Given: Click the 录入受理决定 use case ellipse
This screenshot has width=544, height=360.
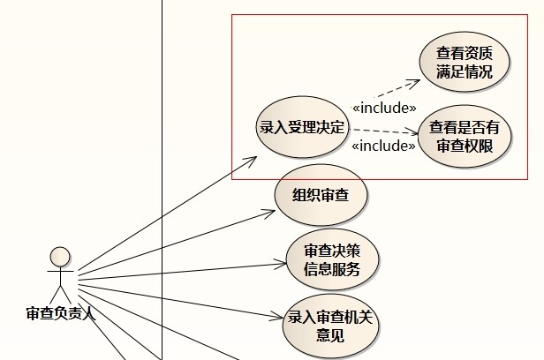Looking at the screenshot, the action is pyautogui.click(x=301, y=127).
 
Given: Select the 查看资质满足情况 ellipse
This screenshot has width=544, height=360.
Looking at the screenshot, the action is pyautogui.click(x=465, y=62).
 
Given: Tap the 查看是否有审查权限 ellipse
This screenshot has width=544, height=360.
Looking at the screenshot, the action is pyautogui.click(x=465, y=136).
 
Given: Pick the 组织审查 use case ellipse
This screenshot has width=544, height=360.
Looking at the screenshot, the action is pyautogui.click(x=321, y=195).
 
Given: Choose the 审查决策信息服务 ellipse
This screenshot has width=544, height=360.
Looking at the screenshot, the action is pyautogui.click(x=332, y=259).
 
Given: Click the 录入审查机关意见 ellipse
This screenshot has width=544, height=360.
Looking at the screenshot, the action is pyautogui.click(x=330, y=326).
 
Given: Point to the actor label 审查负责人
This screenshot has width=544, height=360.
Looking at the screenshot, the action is pyautogui.click(x=61, y=313).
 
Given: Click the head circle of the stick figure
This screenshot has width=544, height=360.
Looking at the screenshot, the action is pyautogui.click(x=60, y=257).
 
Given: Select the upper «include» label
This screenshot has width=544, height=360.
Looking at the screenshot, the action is pyautogui.click(x=384, y=109).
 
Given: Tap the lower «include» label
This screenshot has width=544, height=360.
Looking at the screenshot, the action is pyautogui.click(x=383, y=146).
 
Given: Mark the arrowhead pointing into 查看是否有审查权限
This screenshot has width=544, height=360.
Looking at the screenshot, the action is pyautogui.click(x=413, y=132).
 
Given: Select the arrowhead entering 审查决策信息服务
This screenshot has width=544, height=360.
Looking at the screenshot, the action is pyautogui.click(x=281, y=264).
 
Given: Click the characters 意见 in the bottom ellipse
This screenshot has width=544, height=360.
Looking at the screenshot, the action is pyautogui.click(x=330, y=335).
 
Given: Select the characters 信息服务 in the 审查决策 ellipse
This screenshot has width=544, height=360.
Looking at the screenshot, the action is pyautogui.click(x=332, y=269).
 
